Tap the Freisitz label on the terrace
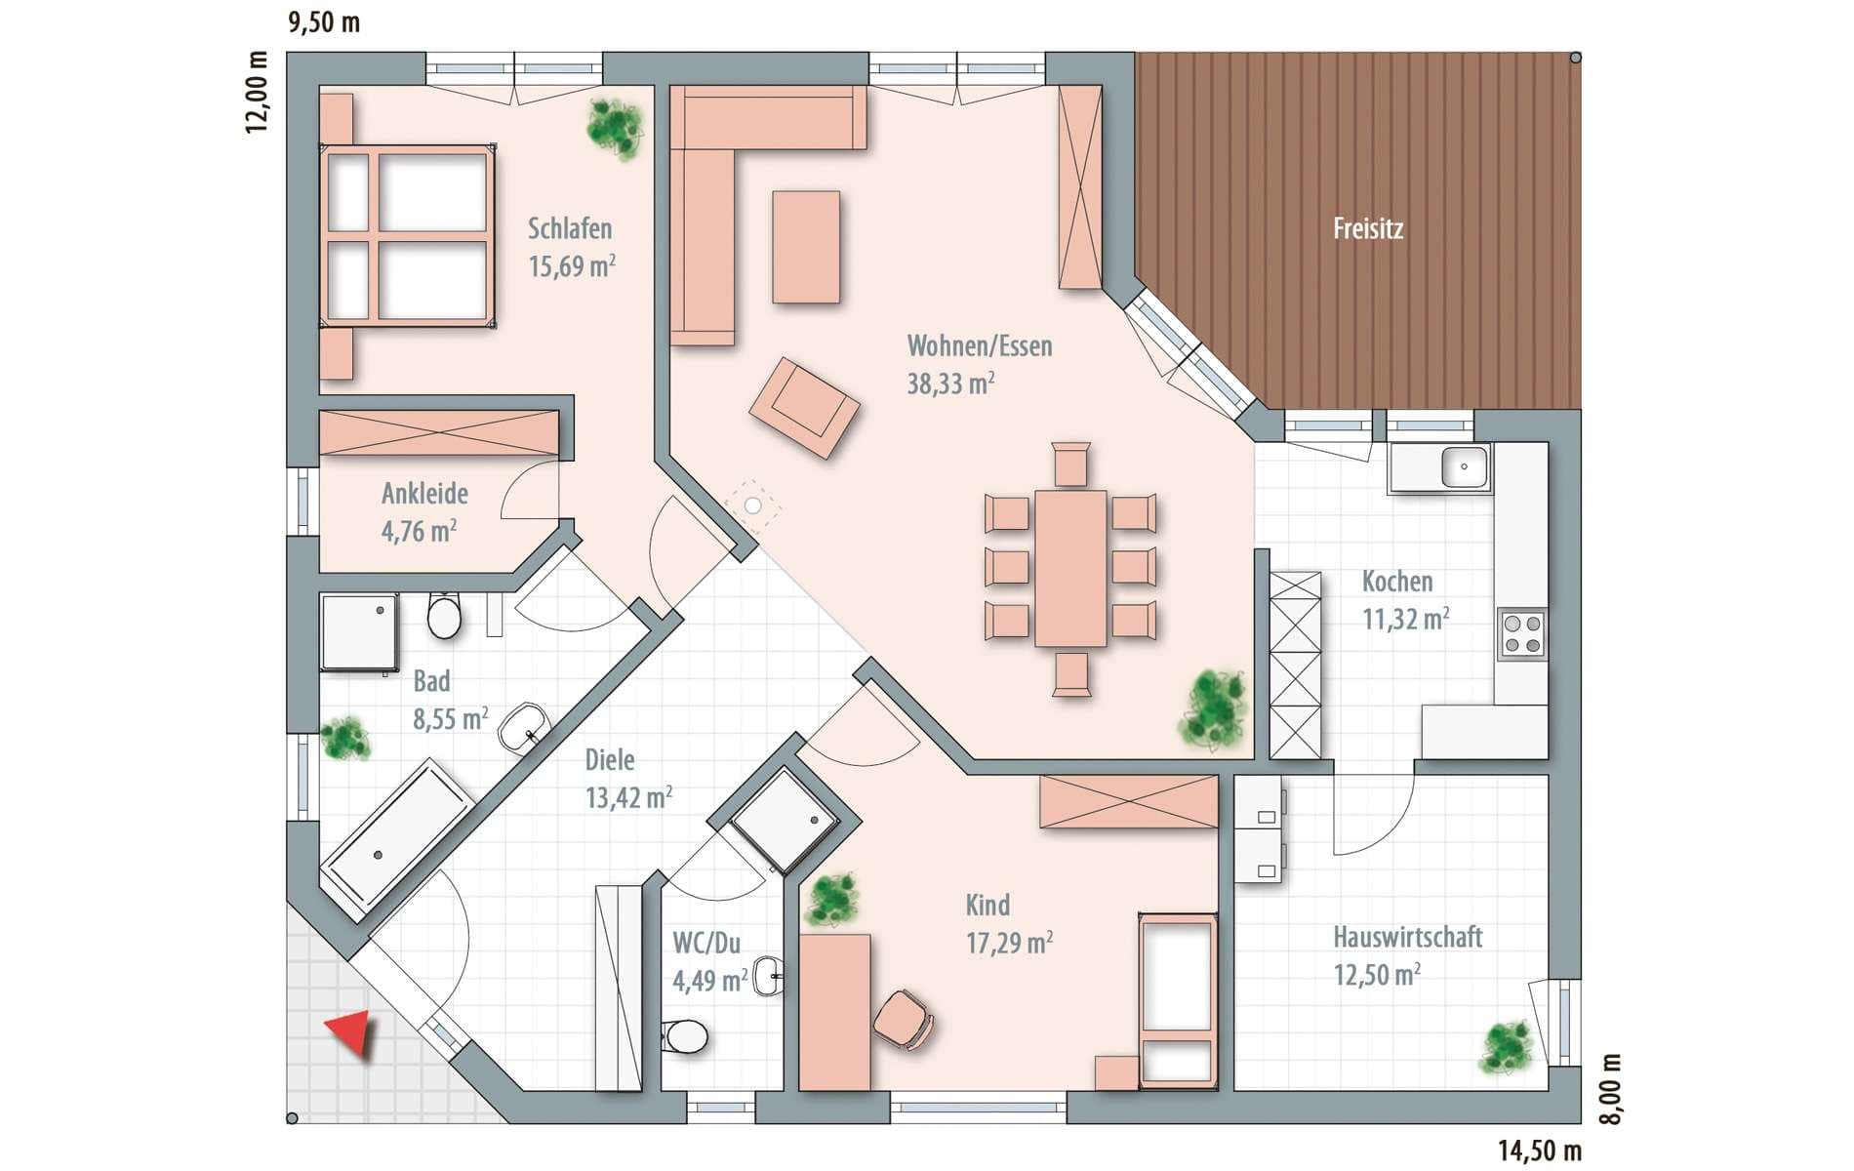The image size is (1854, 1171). pyautogui.click(x=1368, y=229)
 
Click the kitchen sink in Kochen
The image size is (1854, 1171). pyautogui.click(x=1464, y=466)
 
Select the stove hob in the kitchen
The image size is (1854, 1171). pyautogui.click(x=1522, y=633)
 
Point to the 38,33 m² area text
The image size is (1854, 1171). pyautogui.click(x=950, y=384)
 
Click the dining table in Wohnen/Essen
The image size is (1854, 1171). pyautogui.click(x=1070, y=568)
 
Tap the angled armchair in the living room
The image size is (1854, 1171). pyautogui.click(x=804, y=408)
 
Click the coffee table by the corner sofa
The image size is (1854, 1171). pyautogui.click(x=806, y=247)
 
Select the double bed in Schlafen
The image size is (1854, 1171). pyautogui.click(x=407, y=236)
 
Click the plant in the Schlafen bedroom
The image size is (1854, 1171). pyautogui.click(x=616, y=127)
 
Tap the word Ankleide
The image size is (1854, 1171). pyautogui.click(x=424, y=494)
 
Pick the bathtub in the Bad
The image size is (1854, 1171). pyautogui.click(x=397, y=835)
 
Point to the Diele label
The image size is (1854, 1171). pyautogui.click(x=610, y=760)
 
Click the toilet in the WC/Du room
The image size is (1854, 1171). pyautogui.click(x=685, y=1035)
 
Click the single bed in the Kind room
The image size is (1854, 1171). pyautogui.click(x=1177, y=1000)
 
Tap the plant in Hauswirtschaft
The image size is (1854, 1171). pyautogui.click(x=1507, y=1047)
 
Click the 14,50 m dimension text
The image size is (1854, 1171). pyautogui.click(x=1540, y=1151)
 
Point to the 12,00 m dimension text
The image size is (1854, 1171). pyautogui.click(x=256, y=92)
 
